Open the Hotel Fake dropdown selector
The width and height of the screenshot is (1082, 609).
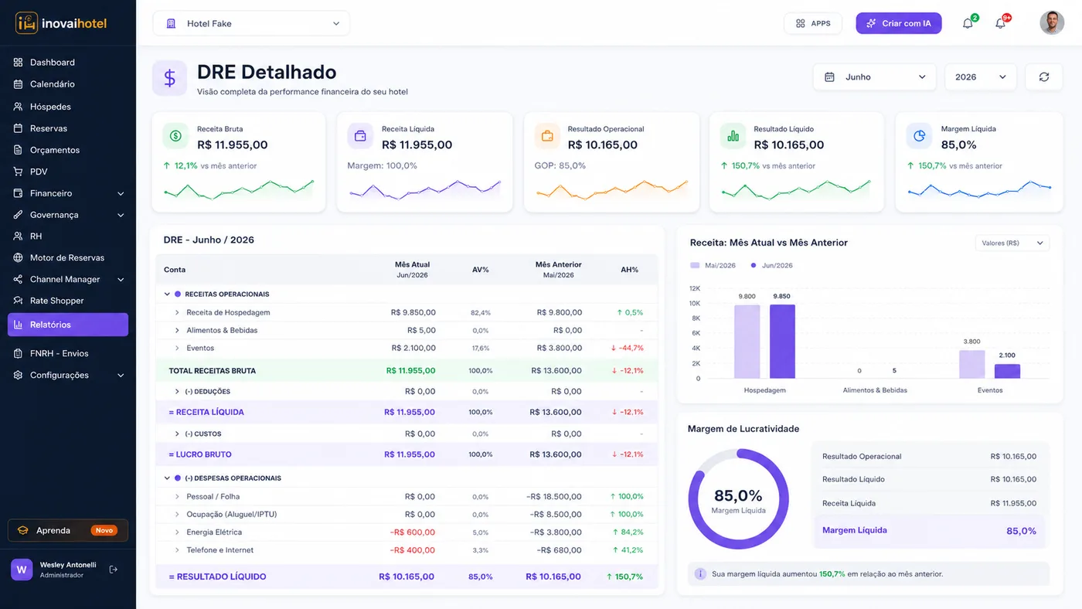pyautogui.click(x=251, y=23)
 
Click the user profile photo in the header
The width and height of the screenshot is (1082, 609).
pyautogui.click(x=1052, y=22)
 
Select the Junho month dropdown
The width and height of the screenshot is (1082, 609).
pyautogui.click(x=874, y=77)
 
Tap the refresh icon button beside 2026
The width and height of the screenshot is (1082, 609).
pyautogui.click(x=1044, y=77)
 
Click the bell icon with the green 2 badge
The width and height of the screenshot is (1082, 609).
pyautogui.click(x=968, y=23)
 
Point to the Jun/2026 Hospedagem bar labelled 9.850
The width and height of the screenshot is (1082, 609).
pyautogui.click(x=782, y=342)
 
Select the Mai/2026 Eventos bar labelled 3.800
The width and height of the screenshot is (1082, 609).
pyautogui.click(x=972, y=364)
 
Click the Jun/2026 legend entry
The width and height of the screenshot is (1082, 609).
pyautogui.click(x=772, y=265)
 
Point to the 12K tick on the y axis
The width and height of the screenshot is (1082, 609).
pyautogui.click(x=695, y=288)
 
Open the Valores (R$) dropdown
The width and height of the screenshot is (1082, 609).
pyautogui.click(x=1012, y=243)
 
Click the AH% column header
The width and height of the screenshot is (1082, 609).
pyautogui.click(x=629, y=270)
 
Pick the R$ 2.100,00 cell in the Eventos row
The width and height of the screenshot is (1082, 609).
pyautogui.click(x=413, y=348)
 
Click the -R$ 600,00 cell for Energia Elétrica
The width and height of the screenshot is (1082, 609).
pyautogui.click(x=413, y=532)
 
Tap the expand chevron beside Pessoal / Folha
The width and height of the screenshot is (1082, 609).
pyautogui.click(x=177, y=496)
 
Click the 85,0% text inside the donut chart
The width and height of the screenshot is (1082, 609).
pyautogui.click(x=738, y=495)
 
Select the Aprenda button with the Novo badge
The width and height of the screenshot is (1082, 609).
pyautogui.click(x=68, y=530)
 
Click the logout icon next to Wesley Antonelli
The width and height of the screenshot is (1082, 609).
pyautogui.click(x=114, y=570)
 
